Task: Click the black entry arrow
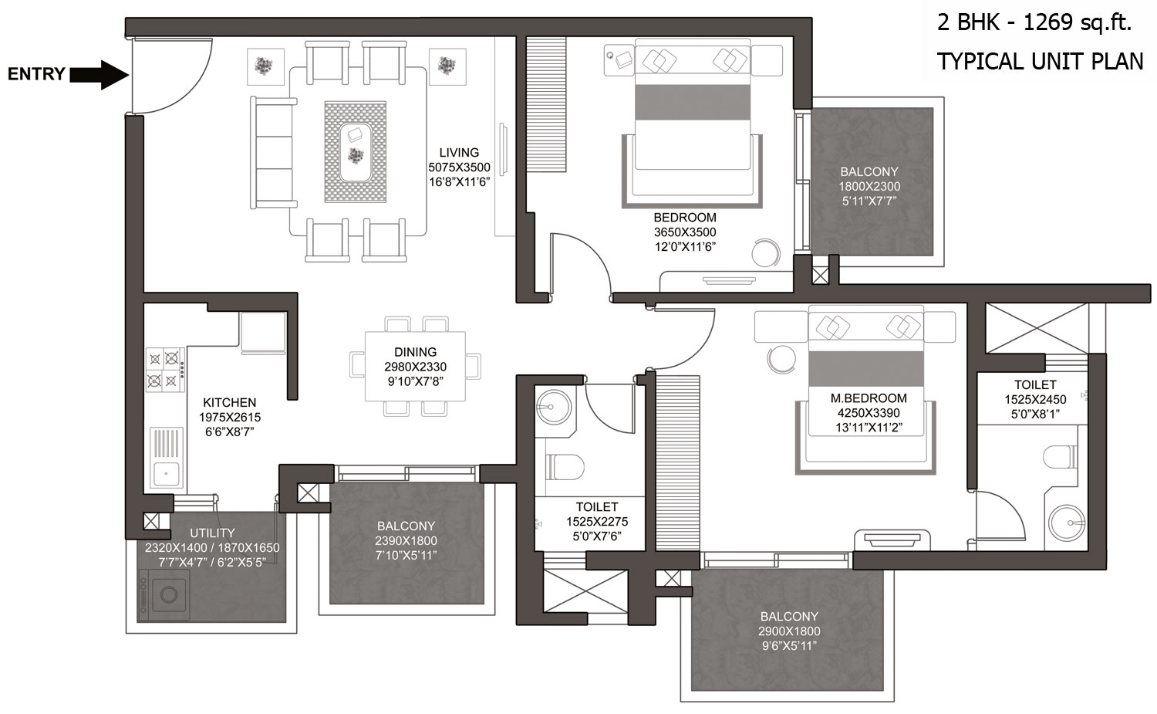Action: click(100, 75)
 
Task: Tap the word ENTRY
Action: click(36, 74)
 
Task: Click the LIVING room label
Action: click(459, 153)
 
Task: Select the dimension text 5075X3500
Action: click(459, 168)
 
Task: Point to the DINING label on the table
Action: click(415, 352)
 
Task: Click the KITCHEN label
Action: click(229, 402)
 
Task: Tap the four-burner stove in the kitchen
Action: click(165, 370)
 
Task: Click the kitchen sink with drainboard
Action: click(167, 458)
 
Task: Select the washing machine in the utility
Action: click(164, 595)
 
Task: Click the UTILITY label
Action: click(212, 533)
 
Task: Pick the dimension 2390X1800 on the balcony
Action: click(406, 541)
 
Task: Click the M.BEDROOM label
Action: click(869, 398)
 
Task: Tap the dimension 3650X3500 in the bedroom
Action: click(685, 232)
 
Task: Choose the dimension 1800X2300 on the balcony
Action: click(869, 187)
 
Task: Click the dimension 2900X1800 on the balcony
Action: click(789, 631)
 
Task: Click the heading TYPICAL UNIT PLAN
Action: click(1041, 62)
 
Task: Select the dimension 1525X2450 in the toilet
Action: click(1035, 400)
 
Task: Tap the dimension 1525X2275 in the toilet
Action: click(597, 522)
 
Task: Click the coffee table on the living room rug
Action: click(356, 152)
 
